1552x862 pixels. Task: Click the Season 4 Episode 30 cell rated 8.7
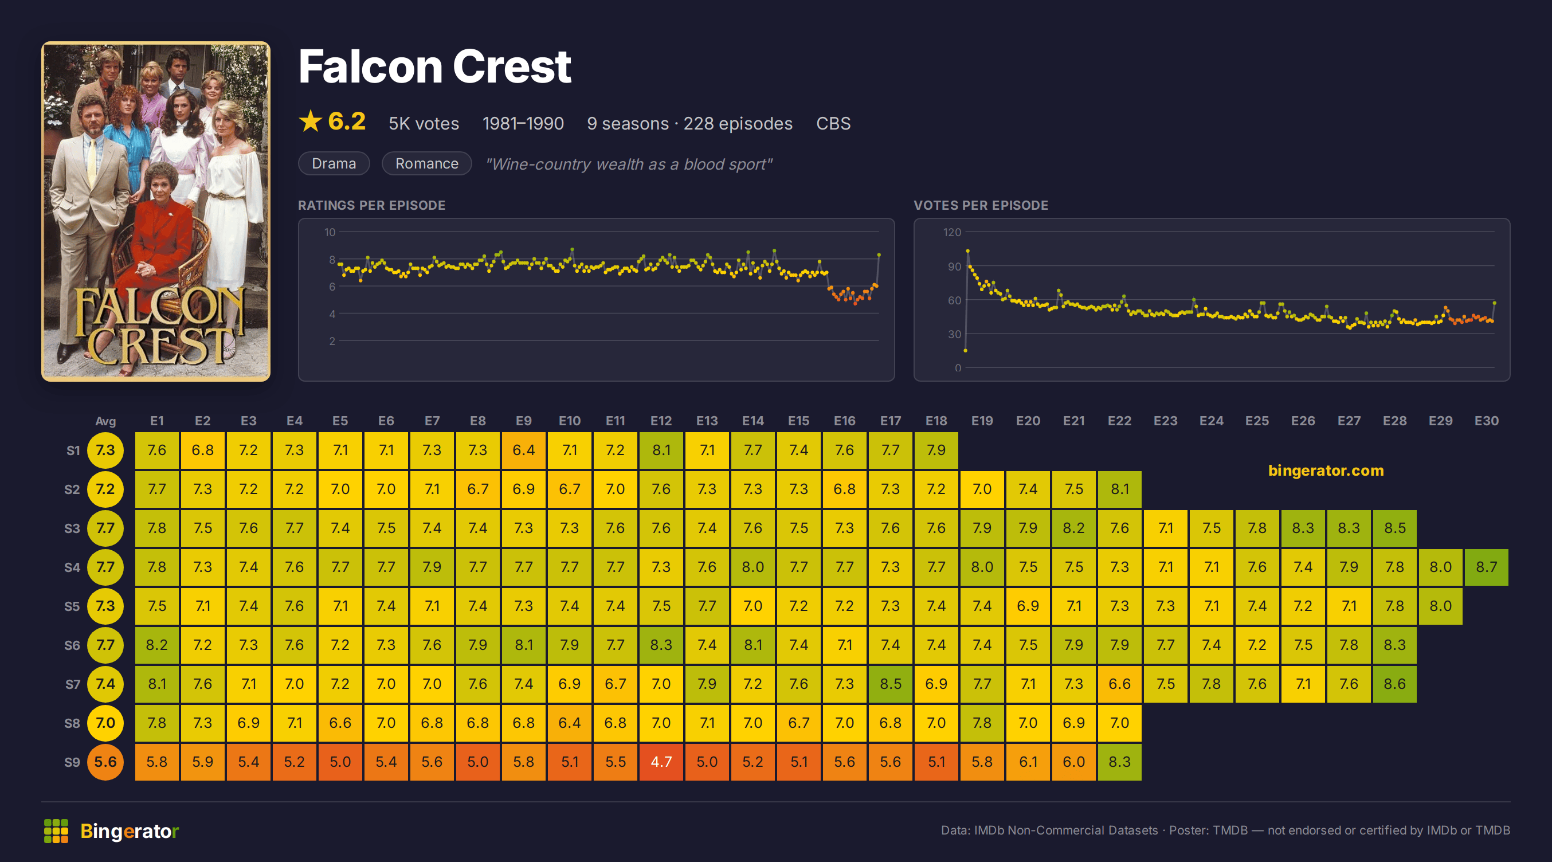click(1486, 567)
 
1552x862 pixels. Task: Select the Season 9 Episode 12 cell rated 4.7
click(661, 761)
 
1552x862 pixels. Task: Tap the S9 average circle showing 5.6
click(105, 761)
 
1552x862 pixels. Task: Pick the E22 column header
click(1119, 421)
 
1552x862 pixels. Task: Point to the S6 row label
click(72, 645)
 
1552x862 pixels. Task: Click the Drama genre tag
click(334, 163)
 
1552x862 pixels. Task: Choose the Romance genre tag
click(426, 163)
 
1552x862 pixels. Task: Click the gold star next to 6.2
click(310, 121)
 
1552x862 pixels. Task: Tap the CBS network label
click(833, 123)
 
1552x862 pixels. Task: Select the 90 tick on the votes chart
click(954, 267)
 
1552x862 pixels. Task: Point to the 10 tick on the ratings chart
click(330, 232)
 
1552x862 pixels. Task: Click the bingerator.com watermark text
click(1326, 471)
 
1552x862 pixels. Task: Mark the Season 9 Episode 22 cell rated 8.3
click(1119, 761)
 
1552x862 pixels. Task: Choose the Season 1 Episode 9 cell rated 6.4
click(524, 450)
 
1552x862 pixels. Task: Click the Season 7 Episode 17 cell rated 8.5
click(891, 684)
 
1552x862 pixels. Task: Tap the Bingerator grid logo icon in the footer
click(56, 830)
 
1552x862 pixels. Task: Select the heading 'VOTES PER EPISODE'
click(981, 205)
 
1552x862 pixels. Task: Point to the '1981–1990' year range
click(523, 123)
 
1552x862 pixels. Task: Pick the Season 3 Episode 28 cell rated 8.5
click(1395, 528)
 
